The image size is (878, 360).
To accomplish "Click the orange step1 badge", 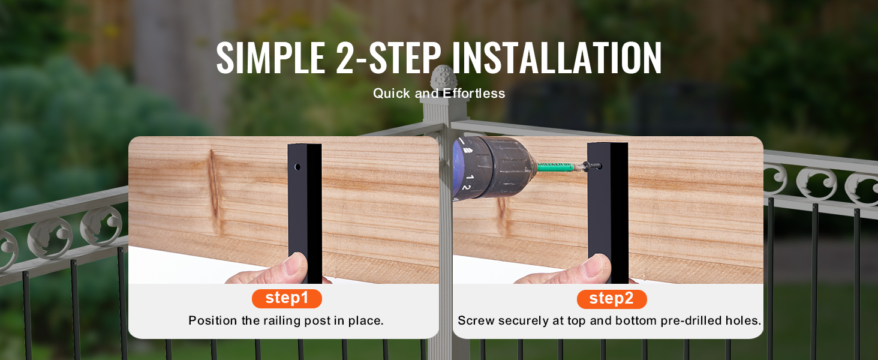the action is [x=287, y=298].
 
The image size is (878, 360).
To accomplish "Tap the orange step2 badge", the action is [x=612, y=299].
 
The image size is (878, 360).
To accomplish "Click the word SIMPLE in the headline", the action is [x=271, y=58].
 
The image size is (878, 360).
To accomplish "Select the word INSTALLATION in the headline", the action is [x=557, y=58].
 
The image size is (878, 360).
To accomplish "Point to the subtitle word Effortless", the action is [x=474, y=94].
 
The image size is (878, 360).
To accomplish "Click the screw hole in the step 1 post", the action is [x=297, y=167].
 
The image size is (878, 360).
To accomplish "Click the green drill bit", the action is [x=557, y=166].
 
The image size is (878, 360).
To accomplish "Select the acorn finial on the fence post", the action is [x=441, y=78].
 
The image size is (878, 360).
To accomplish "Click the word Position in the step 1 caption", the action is [x=213, y=321].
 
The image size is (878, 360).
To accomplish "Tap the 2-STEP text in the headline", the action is [x=389, y=58].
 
